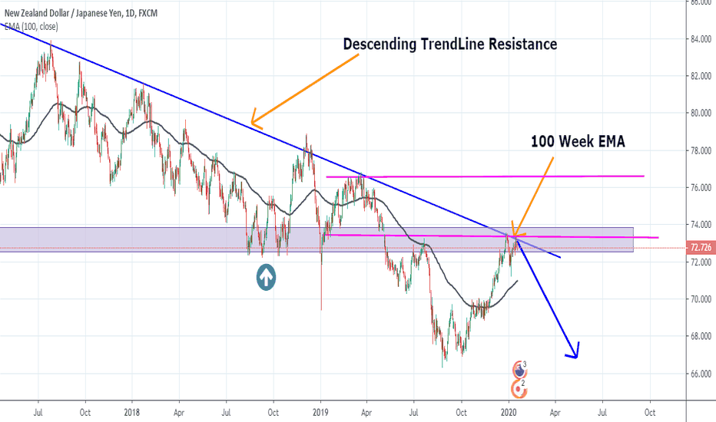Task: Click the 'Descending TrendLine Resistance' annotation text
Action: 449,44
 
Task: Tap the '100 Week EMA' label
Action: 578,141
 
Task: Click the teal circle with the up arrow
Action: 267,278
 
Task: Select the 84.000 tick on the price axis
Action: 699,39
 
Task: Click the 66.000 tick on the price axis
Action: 699,374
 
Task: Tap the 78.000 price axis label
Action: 699,151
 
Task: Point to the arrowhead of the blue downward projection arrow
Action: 573,353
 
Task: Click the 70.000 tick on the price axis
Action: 699,299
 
